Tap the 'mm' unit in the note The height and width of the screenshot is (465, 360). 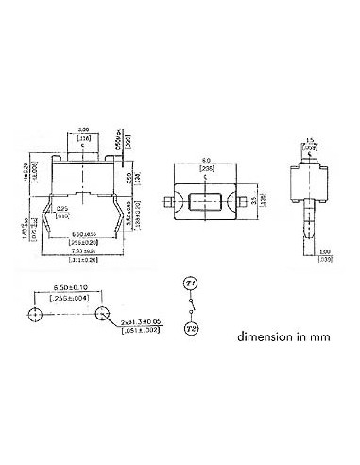[x=323, y=336]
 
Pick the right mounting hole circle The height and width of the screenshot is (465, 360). [x=102, y=313]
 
